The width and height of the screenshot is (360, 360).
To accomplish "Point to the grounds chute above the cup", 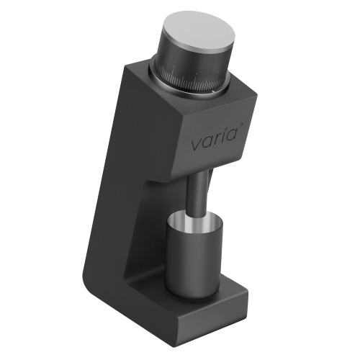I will (x=198, y=194).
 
